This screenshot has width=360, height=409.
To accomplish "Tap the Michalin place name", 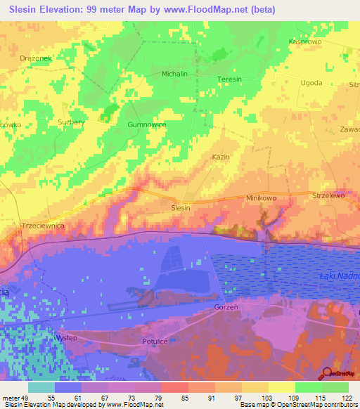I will pyautogui.click(x=174, y=74).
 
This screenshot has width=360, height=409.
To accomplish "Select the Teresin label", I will pyautogui.click(x=229, y=79).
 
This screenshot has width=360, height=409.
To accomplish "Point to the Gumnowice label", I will pyautogui.click(x=146, y=124).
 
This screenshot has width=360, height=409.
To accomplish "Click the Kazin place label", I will pyautogui.click(x=221, y=157).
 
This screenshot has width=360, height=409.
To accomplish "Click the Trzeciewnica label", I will pyautogui.click(x=44, y=226).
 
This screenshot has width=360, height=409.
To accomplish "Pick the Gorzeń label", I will pyautogui.click(x=227, y=308).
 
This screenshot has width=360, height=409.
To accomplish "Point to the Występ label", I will pyautogui.click(x=65, y=338).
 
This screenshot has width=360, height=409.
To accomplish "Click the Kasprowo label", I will pyautogui.click(x=304, y=42).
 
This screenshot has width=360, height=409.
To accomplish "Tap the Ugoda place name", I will pyautogui.click(x=311, y=82).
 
